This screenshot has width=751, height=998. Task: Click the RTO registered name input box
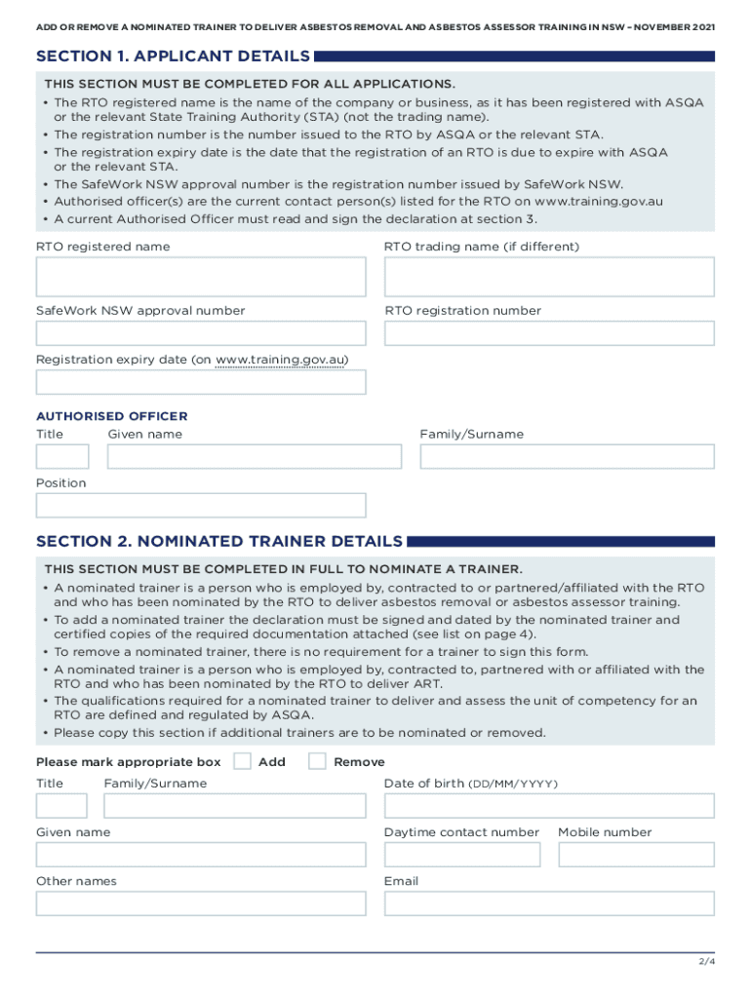pyautogui.click(x=201, y=278)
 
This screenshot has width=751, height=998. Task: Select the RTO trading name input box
pyautogui.click(x=549, y=278)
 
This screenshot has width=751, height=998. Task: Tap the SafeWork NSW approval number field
pyautogui.click(x=201, y=333)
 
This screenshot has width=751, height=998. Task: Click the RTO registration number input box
pyautogui.click(x=549, y=333)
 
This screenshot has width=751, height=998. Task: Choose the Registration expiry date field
pyautogui.click(x=201, y=382)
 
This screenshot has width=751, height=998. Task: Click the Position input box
pyautogui.click(x=201, y=505)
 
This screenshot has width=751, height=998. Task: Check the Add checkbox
pyautogui.click(x=243, y=761)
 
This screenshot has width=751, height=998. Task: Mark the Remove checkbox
pyautogui.click(x=317, y=761)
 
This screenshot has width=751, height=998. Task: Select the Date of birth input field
pyautogui.click(x=549, y=806)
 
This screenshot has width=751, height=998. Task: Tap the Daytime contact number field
pyautogui.click(x=461, y=855)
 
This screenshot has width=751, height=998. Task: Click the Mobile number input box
pyautogui.click(x=636, y=855)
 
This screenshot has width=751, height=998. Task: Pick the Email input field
pyautogui.click(x=549, y=903)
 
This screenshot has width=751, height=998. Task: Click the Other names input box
pyautogui.click(x=201, y=903)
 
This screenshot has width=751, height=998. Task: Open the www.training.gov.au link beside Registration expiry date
pyautogui.click(x=280, y=360)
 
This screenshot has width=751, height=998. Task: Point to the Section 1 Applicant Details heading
pyautogui.click(x=173, y=57)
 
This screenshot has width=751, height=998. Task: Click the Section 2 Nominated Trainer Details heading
pyautogui.click(x=218, y=541)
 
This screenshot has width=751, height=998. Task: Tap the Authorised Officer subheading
pyautogui.click(x=111, y=416)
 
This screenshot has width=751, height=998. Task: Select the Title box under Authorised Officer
pyautogui.click(x=62, y=456)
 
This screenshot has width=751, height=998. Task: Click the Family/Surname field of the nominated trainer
pyautogui.click(x=234, y=806)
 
